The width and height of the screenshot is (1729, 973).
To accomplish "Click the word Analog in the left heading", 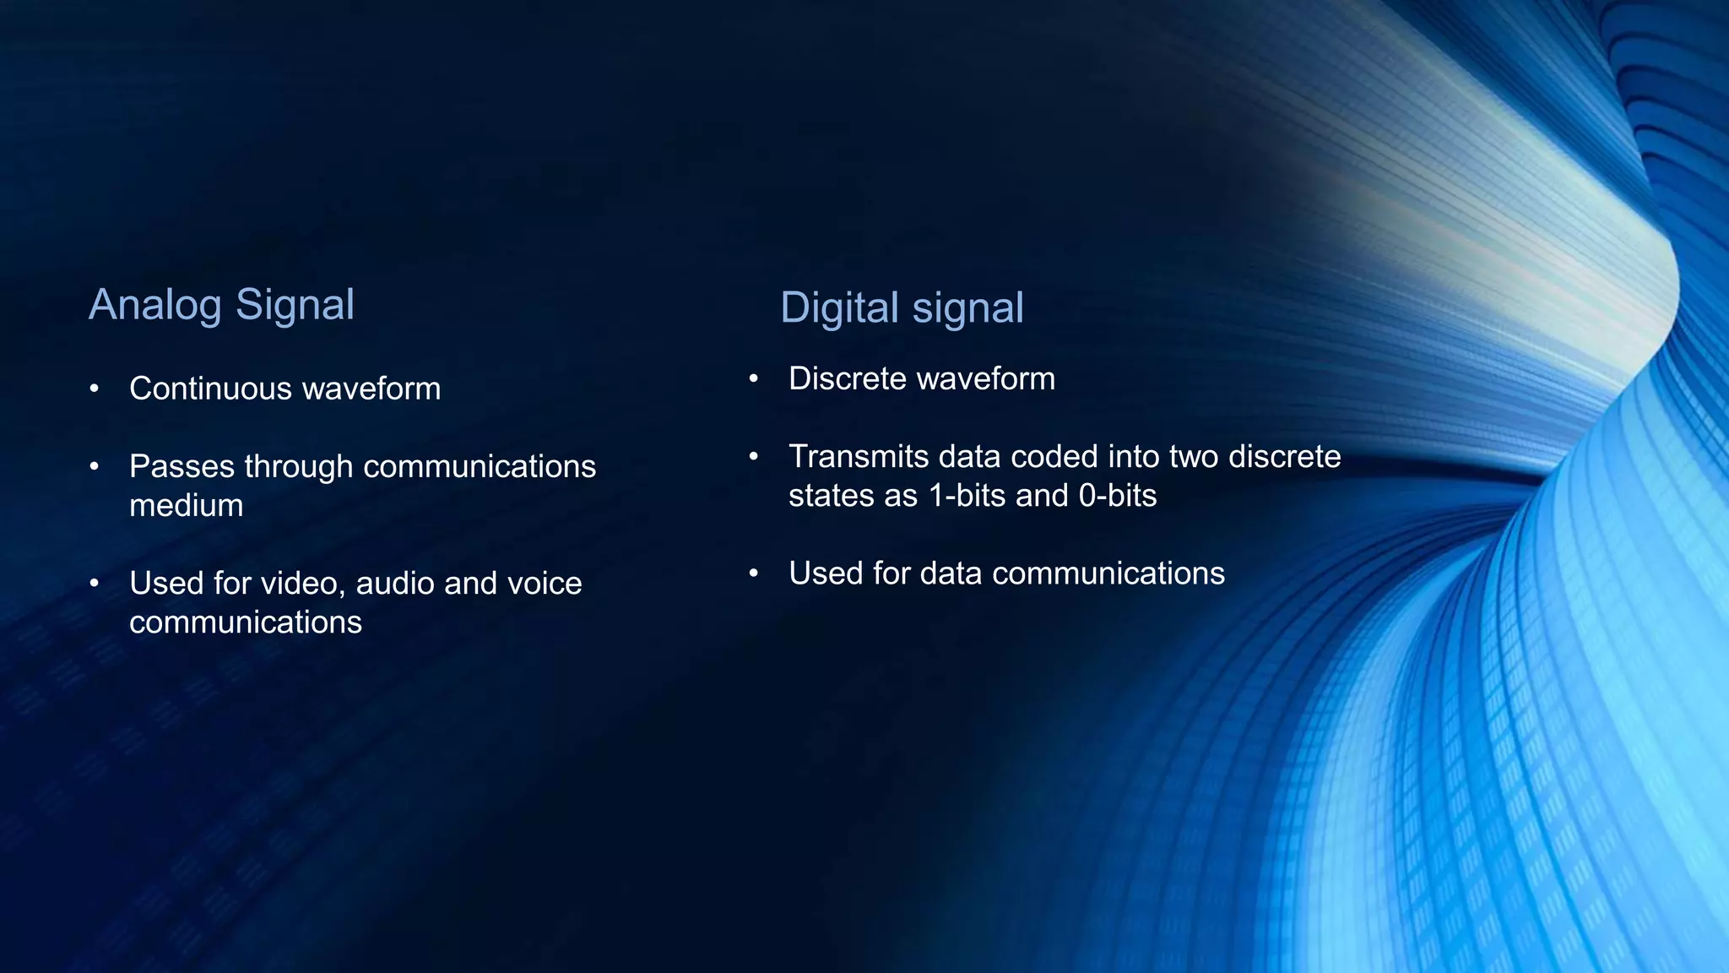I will point(154,305).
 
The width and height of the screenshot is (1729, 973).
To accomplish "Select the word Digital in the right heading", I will point(838,308).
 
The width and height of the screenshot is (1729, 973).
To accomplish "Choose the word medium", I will point(186,505).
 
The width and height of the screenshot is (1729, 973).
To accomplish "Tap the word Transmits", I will point(859,456).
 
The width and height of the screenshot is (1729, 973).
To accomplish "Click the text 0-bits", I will point(1117,495).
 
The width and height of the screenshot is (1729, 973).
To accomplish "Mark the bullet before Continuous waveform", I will point(95,389).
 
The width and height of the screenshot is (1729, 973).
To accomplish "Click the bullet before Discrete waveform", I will point(754,378).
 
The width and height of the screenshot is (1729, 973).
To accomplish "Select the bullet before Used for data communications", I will point(754,573).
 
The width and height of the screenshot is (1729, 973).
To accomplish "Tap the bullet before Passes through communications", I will point(95,466).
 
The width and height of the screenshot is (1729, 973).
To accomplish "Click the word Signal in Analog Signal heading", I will point(295,305).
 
